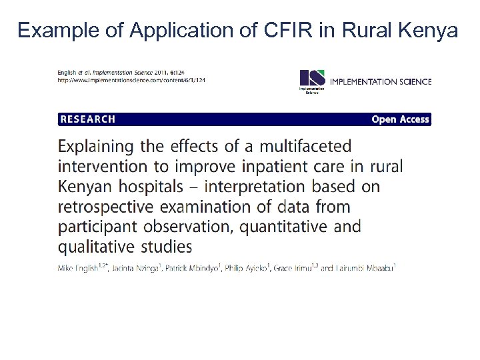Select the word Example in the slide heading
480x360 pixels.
[57, 31]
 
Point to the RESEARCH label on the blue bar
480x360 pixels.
[88, 119]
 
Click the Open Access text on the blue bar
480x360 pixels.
[400, 119]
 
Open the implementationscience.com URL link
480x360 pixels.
[131, 80]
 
